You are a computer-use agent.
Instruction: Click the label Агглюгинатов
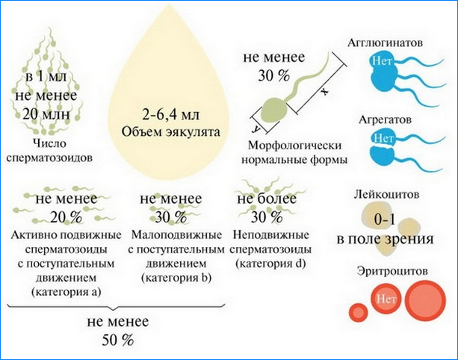click(x=385, y=43)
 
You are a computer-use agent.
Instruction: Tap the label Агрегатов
click(x=385, y=120)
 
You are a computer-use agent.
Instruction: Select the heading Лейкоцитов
click(x=387, y=194)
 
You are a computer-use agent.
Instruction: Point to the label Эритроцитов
click(x=392, y=271)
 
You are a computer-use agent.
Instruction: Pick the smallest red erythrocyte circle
click(x=358, y=313)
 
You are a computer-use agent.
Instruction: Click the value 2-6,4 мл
click(x=171, y=115)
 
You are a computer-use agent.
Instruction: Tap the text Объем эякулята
click(x=171, y=132)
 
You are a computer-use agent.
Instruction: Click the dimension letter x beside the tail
click(x=324, y=91)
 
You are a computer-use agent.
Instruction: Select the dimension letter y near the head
click(x=256, y=128)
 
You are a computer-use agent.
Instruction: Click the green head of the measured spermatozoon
click(x=274, y=111)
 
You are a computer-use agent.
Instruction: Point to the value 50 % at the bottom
click(x=118, y=340)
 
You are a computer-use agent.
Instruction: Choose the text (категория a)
click(x=66, y=292)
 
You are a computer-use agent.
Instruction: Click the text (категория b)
click(x=176, y=278)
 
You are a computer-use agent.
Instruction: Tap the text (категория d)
click(x=270, y=264)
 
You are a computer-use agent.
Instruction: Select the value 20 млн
click(x=46, y=114)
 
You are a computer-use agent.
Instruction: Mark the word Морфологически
click(x=294, y=146)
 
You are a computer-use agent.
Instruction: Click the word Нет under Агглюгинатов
click(x=382, y=61)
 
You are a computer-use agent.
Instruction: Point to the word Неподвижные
click(x=270, y=235)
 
